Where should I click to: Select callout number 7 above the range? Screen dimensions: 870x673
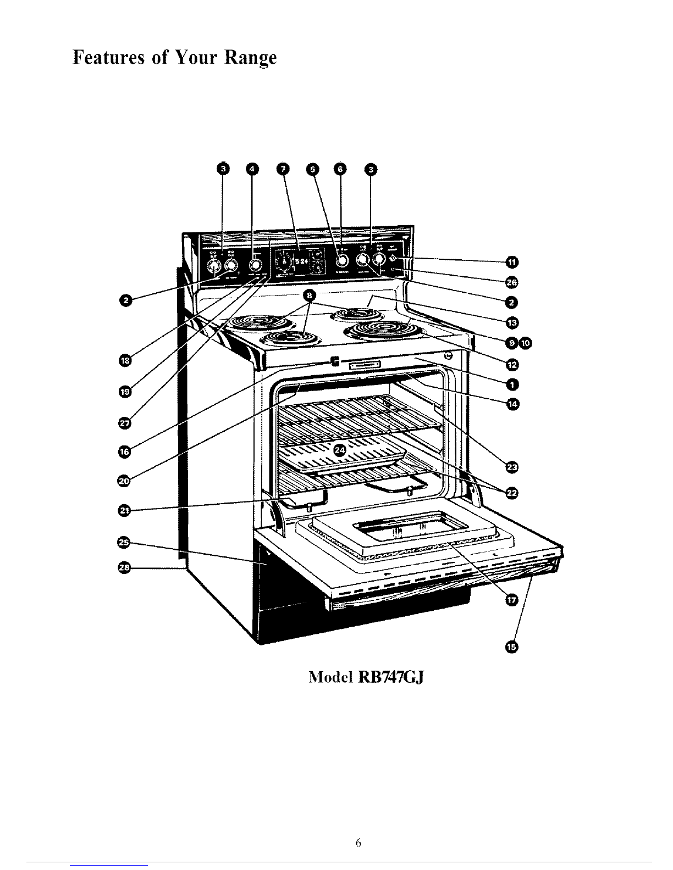283,169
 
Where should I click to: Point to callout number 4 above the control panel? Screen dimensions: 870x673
252,169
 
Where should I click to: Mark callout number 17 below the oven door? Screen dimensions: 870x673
511,601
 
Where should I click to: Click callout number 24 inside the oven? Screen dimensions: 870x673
340,450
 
